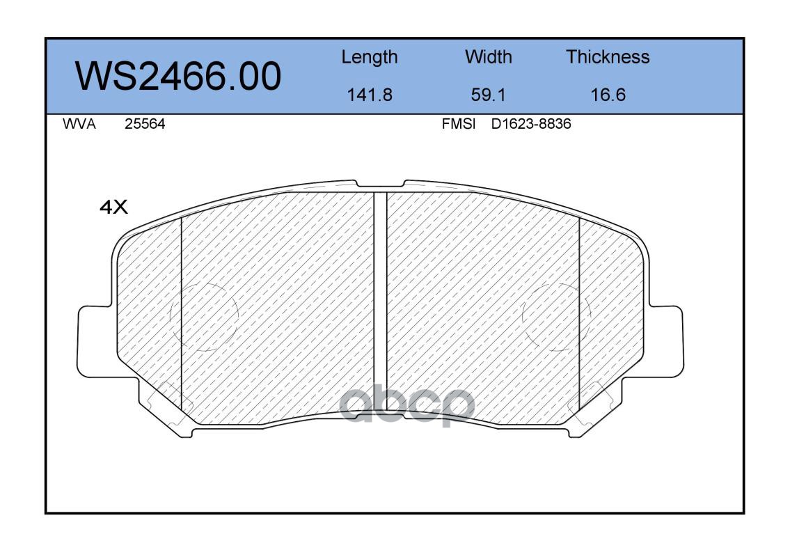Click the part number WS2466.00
click(x=178, y=76)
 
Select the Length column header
click(x=370, y=58)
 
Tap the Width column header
click(x=488, y=56)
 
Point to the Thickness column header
click(x=608, y=56)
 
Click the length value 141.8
click(x=370, y=95)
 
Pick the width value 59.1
click(x=488, y=95)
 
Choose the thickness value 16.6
click(x=608, y=95)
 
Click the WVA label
click(x=79, y=124)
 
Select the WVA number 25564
click(x=145, y=124)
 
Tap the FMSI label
click(x=459, y=124)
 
